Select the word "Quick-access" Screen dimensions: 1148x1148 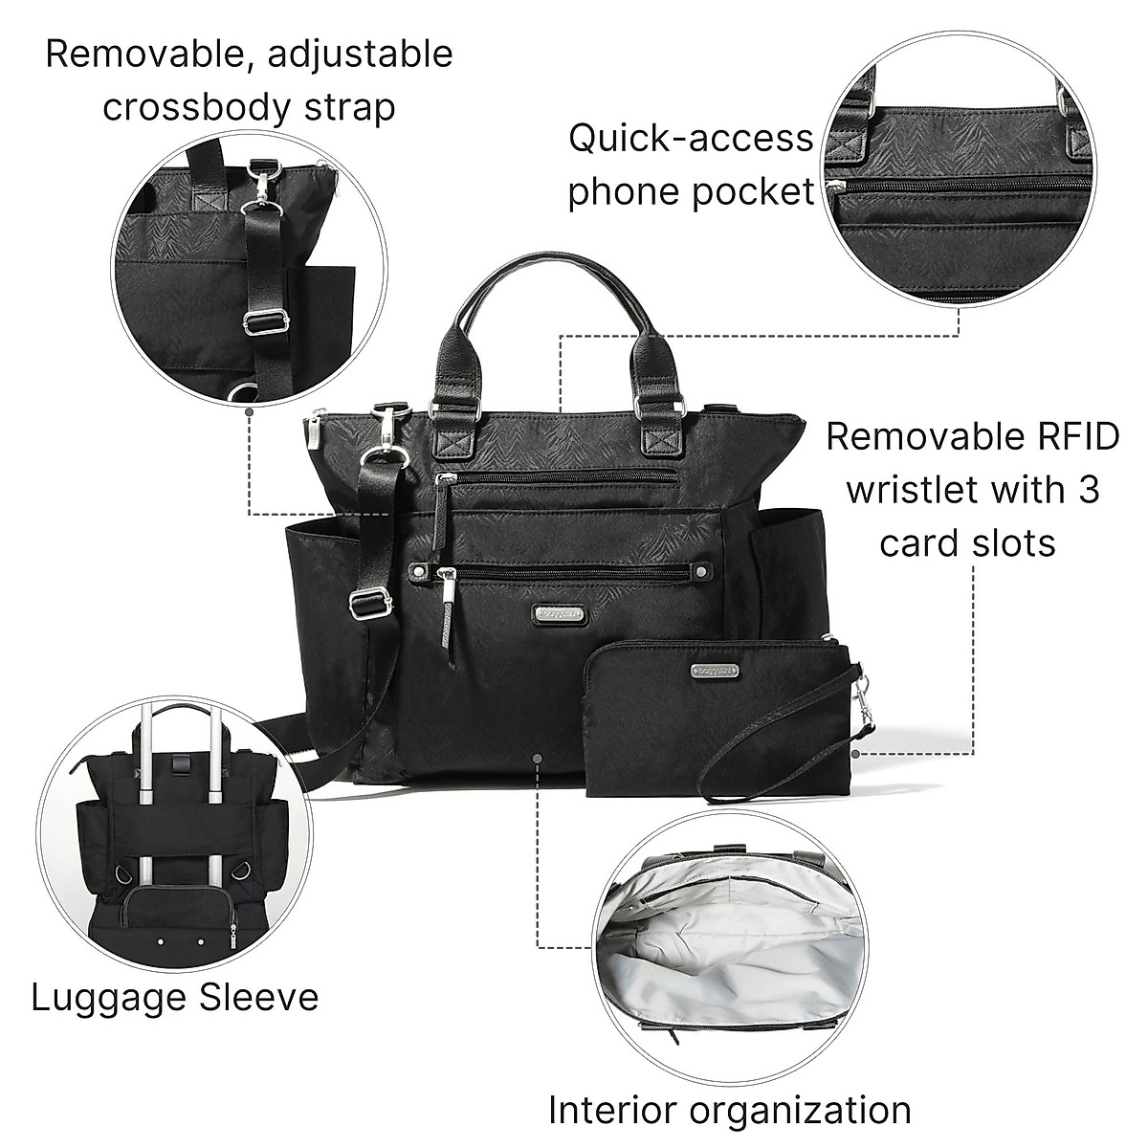[x=690, y=139]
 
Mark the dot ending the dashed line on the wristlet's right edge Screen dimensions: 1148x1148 [x=854, y=754]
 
